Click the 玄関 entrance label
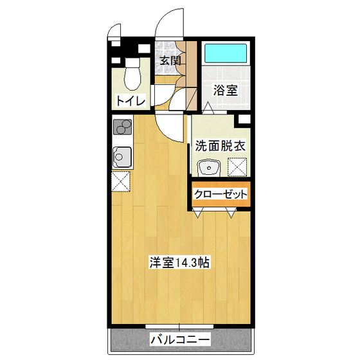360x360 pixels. click(170, 61)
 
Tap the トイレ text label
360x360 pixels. click(130, 100)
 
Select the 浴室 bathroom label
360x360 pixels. click(226, 90)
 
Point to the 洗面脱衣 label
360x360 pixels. click(220, 145)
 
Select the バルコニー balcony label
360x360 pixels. click(179, 339)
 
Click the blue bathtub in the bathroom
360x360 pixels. click(226, 51)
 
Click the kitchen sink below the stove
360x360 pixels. click(121, 156)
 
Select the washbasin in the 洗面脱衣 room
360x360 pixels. click(209, 167)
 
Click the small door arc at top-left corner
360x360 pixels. click(114, 30)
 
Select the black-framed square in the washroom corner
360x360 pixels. click(244, 119)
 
